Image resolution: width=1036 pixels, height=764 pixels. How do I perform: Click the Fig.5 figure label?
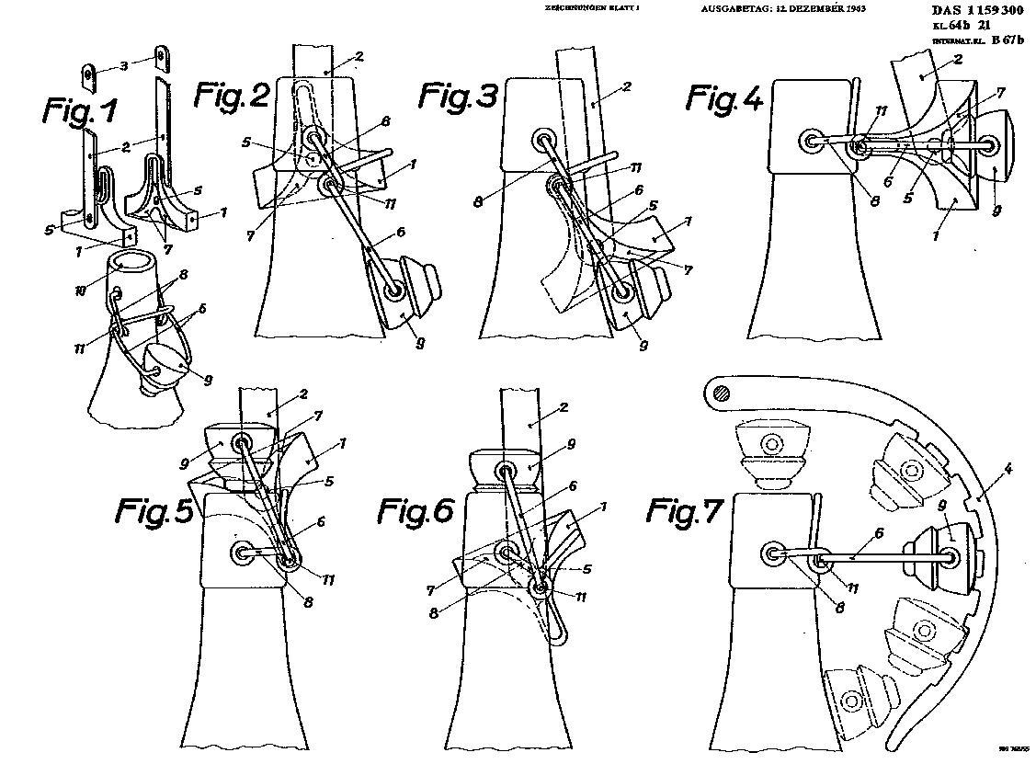154,511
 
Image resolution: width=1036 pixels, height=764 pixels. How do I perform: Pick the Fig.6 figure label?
416,511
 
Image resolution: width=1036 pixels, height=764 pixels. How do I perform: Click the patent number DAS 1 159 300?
976,11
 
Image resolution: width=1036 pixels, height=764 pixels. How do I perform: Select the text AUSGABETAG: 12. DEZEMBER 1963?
782,8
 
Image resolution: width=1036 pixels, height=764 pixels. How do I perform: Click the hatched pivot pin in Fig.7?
720,393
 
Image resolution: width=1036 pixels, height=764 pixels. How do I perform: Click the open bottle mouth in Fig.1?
130,262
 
